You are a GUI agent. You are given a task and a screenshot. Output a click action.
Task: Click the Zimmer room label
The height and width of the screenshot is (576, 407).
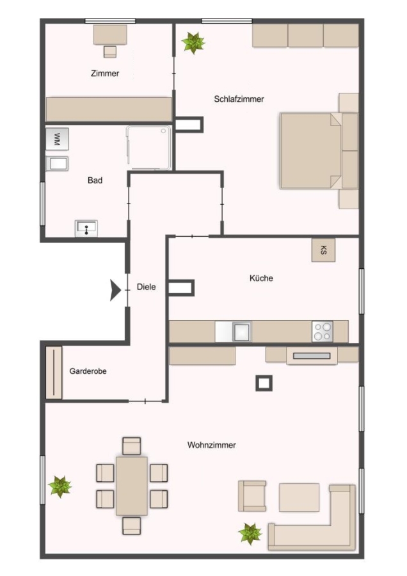point(105,74)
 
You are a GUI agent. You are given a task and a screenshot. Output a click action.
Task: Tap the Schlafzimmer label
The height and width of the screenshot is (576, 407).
point(239,99)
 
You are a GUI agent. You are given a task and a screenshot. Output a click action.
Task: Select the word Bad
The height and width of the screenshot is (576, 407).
point(95,180)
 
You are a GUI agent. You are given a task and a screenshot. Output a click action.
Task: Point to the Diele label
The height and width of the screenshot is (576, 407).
point(146,287)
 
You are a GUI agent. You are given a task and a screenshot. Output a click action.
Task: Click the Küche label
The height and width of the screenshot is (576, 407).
point(261,278)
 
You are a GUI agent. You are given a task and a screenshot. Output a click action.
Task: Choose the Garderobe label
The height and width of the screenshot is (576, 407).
point(88,371)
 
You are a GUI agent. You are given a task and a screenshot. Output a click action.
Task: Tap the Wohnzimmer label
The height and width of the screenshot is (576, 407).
point(212,445)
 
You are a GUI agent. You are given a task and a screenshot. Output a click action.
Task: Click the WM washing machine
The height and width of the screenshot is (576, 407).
point(57,139)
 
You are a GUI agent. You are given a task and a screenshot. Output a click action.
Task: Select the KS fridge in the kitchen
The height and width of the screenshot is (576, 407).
point(323,250)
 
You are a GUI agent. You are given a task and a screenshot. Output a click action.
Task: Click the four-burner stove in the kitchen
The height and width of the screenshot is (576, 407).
point(323,332)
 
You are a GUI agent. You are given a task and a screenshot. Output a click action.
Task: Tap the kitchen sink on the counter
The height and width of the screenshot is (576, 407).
point(242,332)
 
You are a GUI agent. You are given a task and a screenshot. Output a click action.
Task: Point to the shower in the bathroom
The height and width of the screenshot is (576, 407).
point(148,148)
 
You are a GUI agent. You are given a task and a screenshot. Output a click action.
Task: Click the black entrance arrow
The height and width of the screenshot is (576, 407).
point(115,290)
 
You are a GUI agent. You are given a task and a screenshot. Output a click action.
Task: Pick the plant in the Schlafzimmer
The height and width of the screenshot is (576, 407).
point(193,43)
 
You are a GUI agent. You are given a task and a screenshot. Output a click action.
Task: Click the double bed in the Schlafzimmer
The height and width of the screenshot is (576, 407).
point(319,150)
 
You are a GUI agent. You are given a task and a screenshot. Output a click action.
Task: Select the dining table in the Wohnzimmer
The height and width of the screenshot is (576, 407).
point(132,486)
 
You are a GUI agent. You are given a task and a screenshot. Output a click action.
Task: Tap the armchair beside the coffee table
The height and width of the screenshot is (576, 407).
point(252,496)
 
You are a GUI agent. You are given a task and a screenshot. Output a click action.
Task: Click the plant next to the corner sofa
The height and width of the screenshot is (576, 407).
point(250,534)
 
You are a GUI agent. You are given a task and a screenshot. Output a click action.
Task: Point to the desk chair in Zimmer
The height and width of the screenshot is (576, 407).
point(110,52)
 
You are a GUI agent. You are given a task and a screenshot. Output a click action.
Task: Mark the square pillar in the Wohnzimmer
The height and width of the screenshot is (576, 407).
point(264,383)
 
